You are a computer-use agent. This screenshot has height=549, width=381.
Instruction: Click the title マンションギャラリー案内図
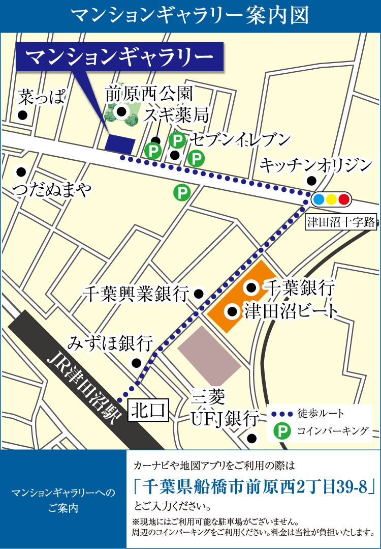point(190,16)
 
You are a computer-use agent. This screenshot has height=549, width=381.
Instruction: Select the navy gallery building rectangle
point(120,144)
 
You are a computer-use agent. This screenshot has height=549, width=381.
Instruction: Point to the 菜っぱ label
point(42,96)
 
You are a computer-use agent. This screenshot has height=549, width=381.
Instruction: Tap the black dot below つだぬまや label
point(21,171)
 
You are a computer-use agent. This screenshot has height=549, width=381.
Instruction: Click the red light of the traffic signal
point(343,199)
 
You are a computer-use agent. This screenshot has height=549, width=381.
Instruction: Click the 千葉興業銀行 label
point(136,294)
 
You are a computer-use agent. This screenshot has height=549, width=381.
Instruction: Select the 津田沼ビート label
point(292,310)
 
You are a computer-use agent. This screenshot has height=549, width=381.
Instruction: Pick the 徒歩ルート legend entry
point(320,413)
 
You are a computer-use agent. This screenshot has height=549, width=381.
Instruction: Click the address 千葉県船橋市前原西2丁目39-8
point(252,487)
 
